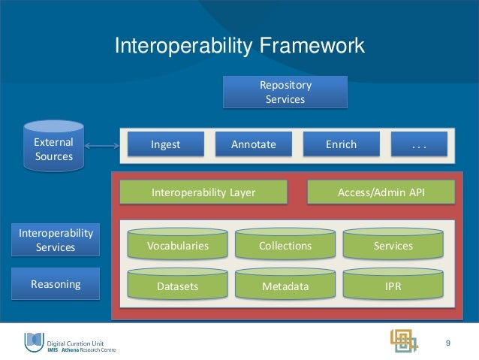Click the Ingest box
pyautogui.click(x=165, y=144)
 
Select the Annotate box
pyautogui.click(x=253, y=144)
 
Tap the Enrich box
pyautogui.click(x=341, y=144)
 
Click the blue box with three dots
pyautogui.click(x=419, y=144)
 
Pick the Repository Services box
pyautogui.click(x=285, y=92)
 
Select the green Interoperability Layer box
pyautogui.click(x=203, y=192)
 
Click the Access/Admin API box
pyautogui.click(x=381, y=192)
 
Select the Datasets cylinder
pyautogui.click(x=177, y=285)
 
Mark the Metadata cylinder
pyautogui.click(x=285, y=285)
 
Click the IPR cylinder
pyautogui.click(x=393, y=285)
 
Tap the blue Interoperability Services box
pyautogui.click(x=56, y=240)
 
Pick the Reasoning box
pyautogui.click(x=56, y=284)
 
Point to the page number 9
pyautogui.click(x=448, y=343)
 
